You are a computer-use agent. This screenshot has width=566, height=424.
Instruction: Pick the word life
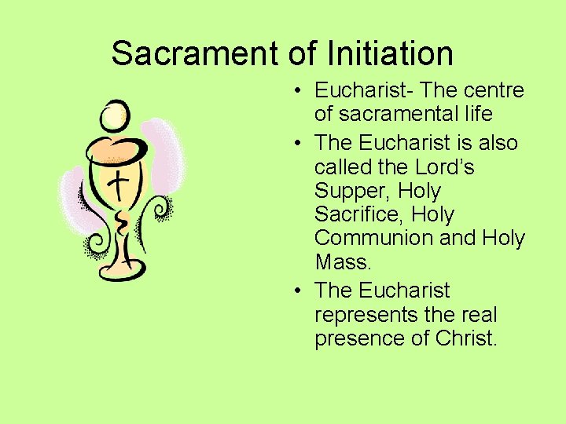click(x=477, y=115)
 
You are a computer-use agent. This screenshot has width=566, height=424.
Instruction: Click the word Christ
click(x=467, y=339)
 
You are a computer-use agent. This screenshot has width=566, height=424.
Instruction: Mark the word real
click(x=479, y=316)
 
